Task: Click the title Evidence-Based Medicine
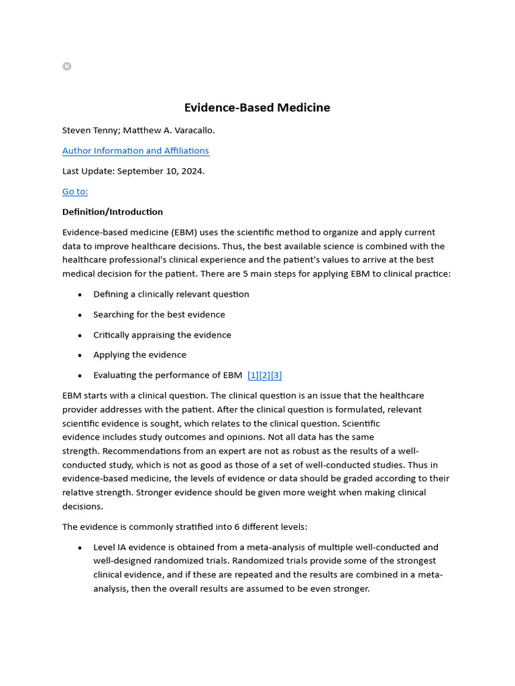click(x=257, y=108)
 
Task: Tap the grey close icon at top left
click(x=67, y=66)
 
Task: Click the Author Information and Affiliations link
click(x=135, y=151)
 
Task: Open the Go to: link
click(x=75, y=192)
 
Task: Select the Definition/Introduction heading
click(x=113, y=212)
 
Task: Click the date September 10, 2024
click(x=160, y=171)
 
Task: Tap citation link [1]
click(x=253, y=375)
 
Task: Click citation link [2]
click(x=265, y=375)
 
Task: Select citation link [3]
click(x=276, y=375)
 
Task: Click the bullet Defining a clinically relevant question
click(x=171, y=294)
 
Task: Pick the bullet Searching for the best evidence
click(x=159, y=314)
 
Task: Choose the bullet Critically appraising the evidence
click(x=162, y=335)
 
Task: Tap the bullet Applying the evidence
click(x=139, y=355)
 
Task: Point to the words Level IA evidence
click(x=127, y=547)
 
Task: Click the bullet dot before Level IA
click(x=80, y=548)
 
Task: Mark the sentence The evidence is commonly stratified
click(x=184, y=527)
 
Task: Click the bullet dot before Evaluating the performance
click(x=80, y=376)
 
